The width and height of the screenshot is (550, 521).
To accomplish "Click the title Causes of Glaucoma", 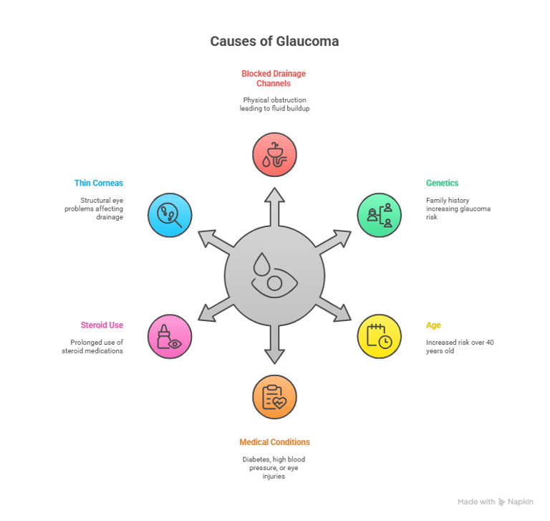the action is pyautogui.click(x=274, y=42).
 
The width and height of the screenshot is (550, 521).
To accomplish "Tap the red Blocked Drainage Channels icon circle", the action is pyautogui.click(x=274, y=154).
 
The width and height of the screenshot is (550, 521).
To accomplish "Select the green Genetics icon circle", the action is pyautogui.click(x=380, y=215).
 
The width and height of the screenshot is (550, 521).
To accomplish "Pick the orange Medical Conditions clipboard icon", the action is pyautogui.click(x=274, y=396).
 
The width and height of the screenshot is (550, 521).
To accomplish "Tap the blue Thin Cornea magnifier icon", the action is pyautogui.click(x=170, y=215).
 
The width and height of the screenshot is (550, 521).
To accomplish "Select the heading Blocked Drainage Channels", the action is pyautogui.click(x=274, y=77).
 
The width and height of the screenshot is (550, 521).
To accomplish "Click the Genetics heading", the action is pyautogui.click(x=442, y=183).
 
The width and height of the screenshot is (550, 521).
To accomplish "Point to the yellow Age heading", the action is pyautogui.click(x=433, y=325).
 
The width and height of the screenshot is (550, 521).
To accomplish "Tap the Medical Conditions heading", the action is pyautogui.click(x=274, y=442).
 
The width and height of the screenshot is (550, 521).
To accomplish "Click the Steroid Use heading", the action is pyautogui.click(x=102, y=325).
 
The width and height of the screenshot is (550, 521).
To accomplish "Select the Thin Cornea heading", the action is pyautogui.click(x=98, y=183).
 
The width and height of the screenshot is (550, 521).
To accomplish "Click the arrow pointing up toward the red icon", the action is pyautogui.click(x=274, y=204).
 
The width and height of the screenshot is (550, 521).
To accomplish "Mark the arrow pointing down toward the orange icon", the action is pyautogui.click(x=274, y=347).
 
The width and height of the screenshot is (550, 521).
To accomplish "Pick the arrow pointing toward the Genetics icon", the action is pyautogui.click(x=333, y=242).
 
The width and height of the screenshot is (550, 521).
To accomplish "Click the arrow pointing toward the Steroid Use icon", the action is pyautogui.click(x=216, y=310).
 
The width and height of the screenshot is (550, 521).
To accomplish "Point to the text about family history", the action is pyautogui.click(x=458, y=209).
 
